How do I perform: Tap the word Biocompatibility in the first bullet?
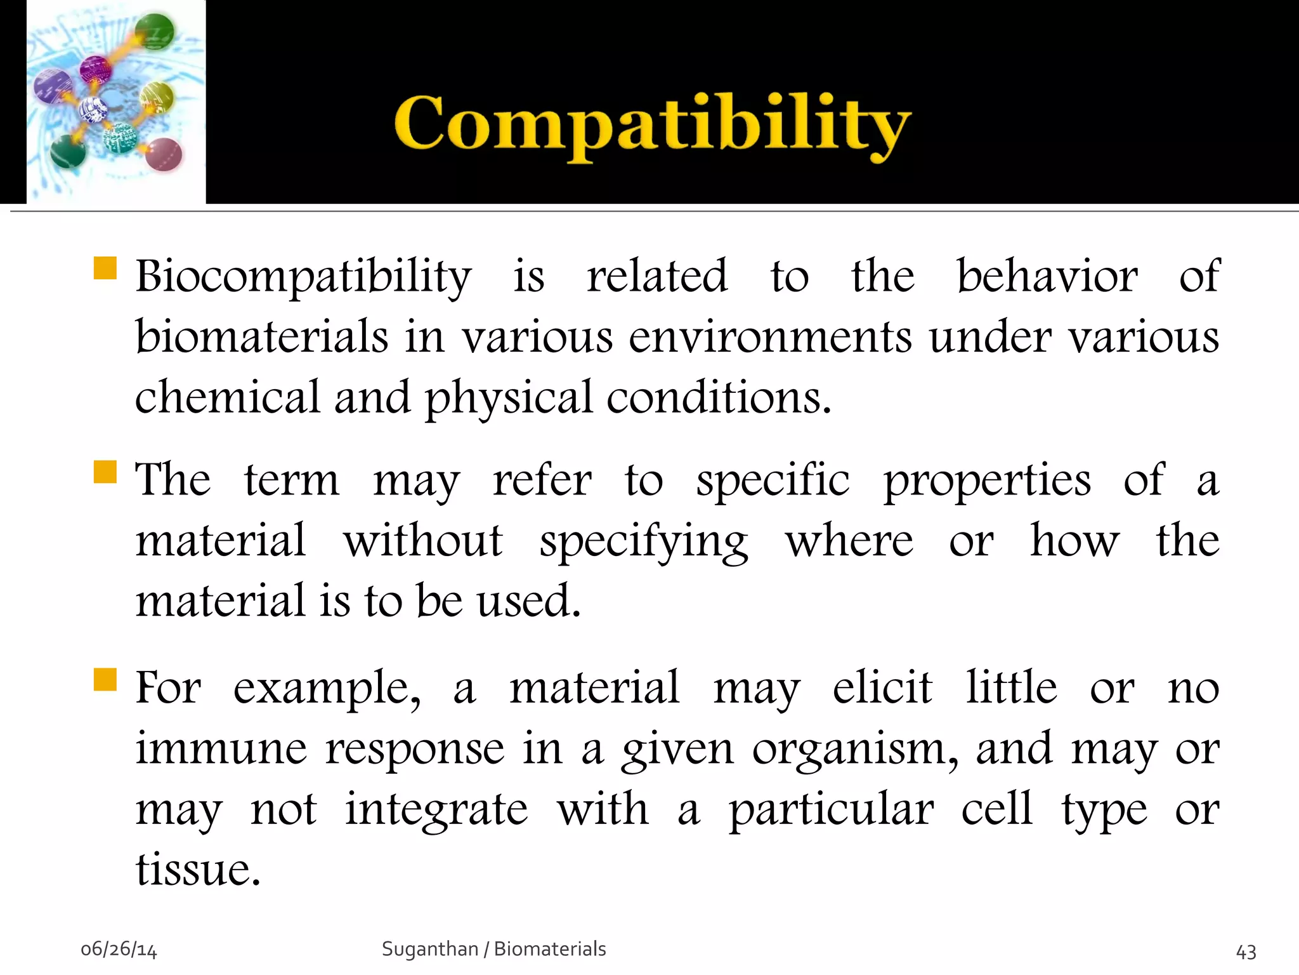(303, 277)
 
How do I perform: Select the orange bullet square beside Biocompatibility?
(105, 268)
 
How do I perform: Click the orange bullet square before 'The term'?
(105, 472)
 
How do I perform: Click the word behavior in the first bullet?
(1047, 277)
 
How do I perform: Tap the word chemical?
(227, 398)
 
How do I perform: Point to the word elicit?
(882, 688)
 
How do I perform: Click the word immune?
(221, 749)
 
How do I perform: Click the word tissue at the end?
(197, 870)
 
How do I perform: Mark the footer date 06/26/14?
(119, 950)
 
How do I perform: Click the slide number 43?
(1246, 952)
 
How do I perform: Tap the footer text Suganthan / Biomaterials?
(493, 949)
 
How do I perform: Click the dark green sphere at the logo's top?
(154, 31)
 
